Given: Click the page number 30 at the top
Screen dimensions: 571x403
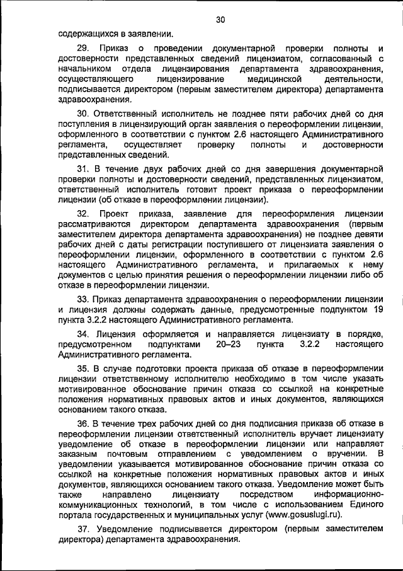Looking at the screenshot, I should tap(220, 20).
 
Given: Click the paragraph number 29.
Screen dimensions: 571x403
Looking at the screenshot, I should tap(82, 48).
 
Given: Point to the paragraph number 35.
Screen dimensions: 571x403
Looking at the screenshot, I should tap(82, 368).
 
